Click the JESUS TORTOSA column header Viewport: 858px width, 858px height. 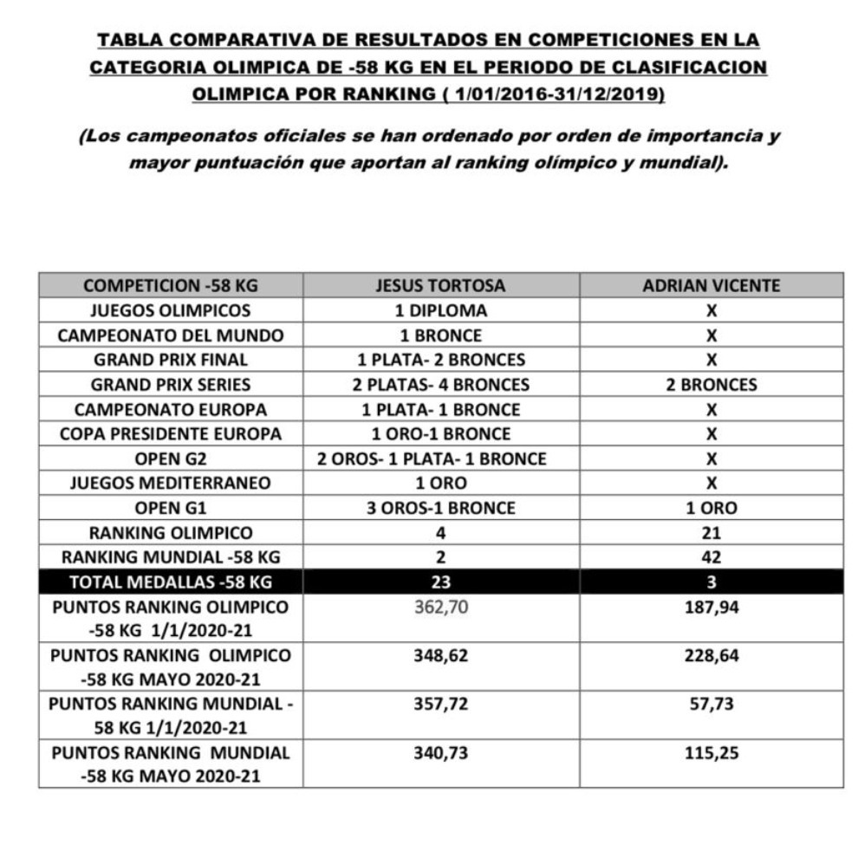point(440,285)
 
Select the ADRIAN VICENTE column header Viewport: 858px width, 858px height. point(712,285)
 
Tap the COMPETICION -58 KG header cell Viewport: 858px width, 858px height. point(171,285)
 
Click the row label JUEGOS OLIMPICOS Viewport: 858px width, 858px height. point(171,310)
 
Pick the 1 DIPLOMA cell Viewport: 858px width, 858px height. point(440,310)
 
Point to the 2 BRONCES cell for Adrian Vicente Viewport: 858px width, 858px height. point(712,384)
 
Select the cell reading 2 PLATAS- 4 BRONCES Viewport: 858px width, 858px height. point(440,384)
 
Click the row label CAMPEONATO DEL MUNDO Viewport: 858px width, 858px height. point(171,335)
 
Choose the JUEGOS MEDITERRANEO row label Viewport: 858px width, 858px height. point(171,483)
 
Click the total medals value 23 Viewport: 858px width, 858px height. point(440,582)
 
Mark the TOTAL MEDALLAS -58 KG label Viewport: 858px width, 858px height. point(171,582)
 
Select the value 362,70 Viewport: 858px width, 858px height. point(440,608)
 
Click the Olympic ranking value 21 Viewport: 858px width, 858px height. point(712,533)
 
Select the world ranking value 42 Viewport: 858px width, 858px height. point(712,557)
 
